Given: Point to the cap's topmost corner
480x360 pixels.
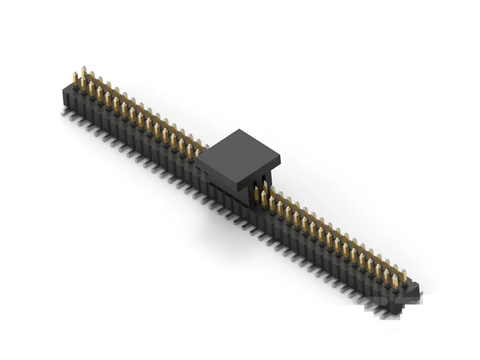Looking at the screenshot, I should click(x=238, y=130).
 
